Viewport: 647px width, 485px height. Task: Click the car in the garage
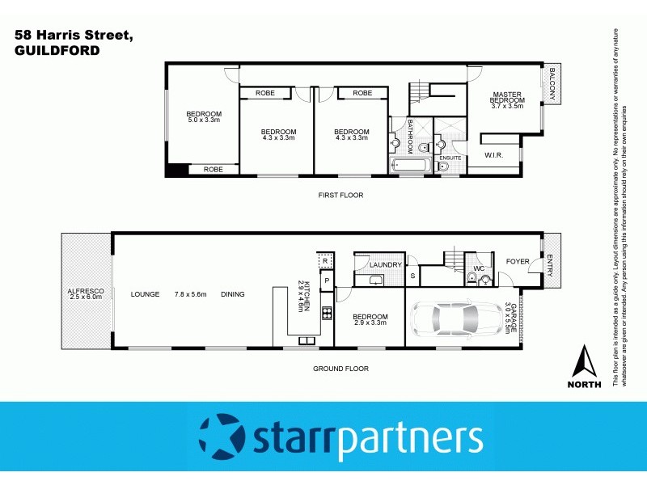pos(455,319)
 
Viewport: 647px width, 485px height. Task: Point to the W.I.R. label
pos(494,154)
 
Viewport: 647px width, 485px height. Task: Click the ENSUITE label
pos(450,158)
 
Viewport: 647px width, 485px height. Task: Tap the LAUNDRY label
pos(386,264)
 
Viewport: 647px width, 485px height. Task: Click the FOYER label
pos(518,262)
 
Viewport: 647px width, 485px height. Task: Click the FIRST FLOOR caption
pos(340,195)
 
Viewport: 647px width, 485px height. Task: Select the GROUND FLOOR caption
pos(340,369)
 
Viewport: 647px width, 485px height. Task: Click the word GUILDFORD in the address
pos(57,50)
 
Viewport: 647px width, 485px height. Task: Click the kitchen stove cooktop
pos(327,314)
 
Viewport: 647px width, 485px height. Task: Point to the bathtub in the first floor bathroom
pos(404,167)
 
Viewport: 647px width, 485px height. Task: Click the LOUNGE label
pos(146,294)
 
